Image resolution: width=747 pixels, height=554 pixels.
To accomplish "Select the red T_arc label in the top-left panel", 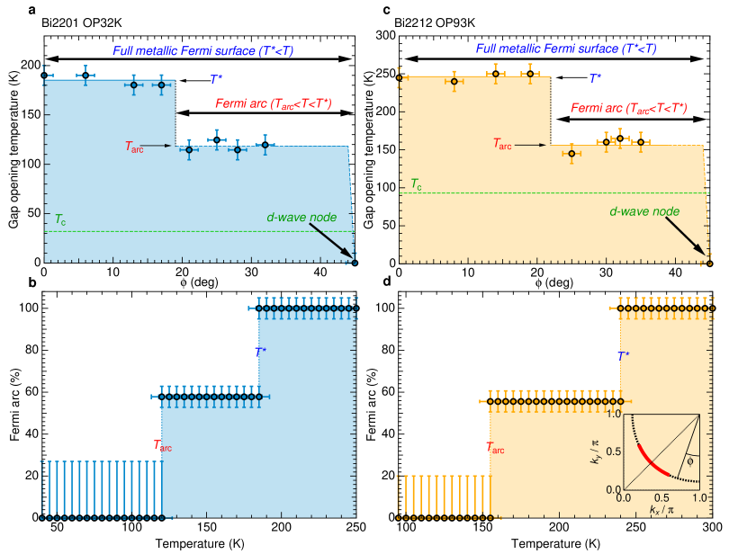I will click(x=134, y=147).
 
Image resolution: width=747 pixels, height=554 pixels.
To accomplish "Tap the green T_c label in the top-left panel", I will click(x=59, y=219).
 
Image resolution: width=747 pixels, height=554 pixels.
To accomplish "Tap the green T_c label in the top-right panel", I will click(x=416, y=184).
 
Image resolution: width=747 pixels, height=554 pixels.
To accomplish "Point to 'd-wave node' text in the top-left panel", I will click(x=301, y=218).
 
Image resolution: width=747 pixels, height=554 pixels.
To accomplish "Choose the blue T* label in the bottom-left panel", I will click(x=260, y=353).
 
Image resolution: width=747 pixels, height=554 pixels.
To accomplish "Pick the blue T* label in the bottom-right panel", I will click(x=623, y=356).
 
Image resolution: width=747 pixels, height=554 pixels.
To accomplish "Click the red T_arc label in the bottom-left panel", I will click(x=162, y=445).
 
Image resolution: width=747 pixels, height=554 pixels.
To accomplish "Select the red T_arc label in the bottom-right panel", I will click(x=495, y=447).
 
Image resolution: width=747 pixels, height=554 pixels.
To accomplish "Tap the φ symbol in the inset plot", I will click(x=689, y=461).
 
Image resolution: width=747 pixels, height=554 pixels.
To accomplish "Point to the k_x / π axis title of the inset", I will click(x=661, y=511).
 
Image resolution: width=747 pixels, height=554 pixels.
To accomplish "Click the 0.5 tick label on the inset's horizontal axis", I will click(x=661, y=497).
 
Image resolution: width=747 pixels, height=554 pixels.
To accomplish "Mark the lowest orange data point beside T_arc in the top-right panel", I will click(x=571, y=154).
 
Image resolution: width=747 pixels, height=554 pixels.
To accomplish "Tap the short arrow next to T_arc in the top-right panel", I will click(x=531, y=144).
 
